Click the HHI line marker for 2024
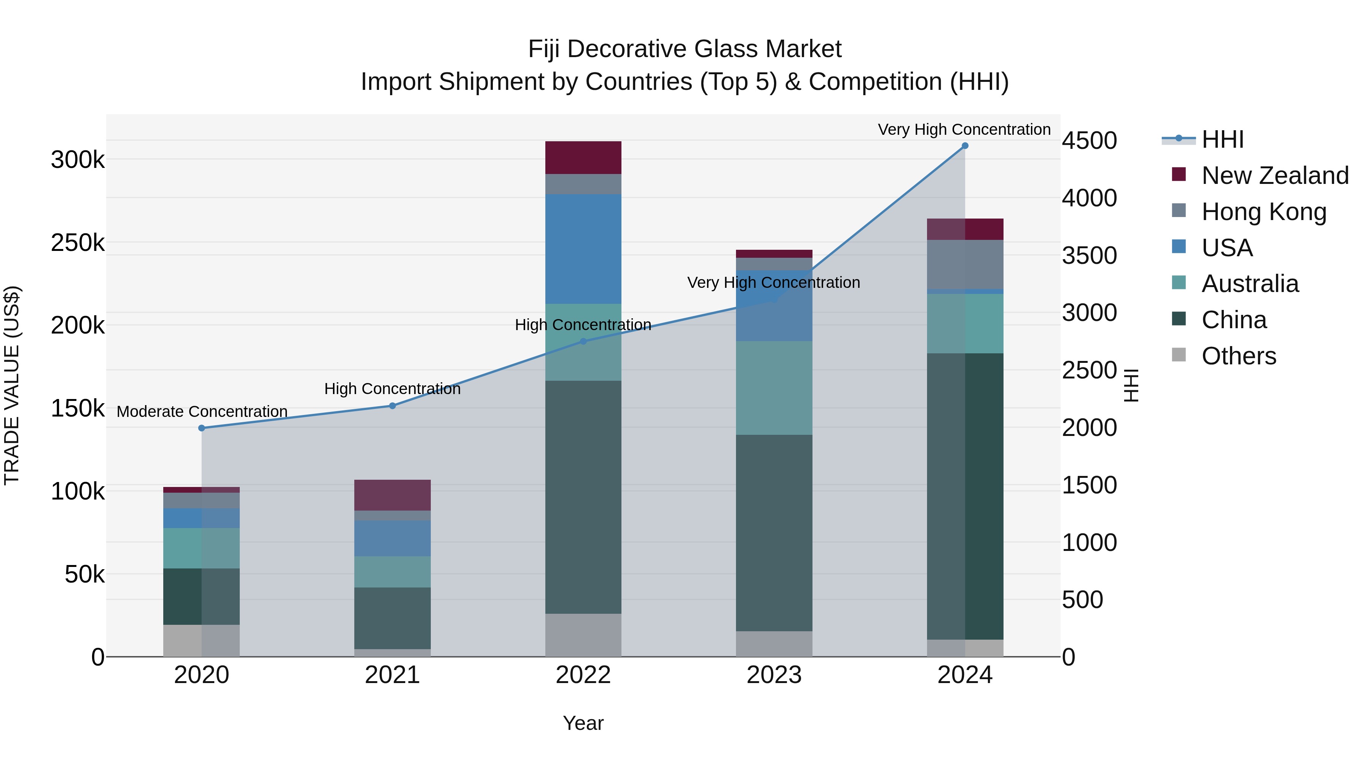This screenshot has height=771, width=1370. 965,146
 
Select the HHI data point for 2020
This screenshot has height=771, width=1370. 202,428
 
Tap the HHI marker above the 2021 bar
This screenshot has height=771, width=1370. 392,405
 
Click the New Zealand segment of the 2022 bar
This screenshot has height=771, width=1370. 583,158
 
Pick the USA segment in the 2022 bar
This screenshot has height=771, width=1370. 583,249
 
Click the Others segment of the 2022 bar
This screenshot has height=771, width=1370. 583,635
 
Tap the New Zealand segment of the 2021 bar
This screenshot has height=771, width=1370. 392,495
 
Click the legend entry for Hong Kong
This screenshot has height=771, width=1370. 1263,211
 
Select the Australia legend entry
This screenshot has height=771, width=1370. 1250,284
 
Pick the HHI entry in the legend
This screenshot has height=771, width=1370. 1222,139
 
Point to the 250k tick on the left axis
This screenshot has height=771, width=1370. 78,243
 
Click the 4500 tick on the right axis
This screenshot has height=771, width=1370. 1089,140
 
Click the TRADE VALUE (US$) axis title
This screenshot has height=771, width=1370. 12,385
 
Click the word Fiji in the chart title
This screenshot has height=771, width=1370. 545,49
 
